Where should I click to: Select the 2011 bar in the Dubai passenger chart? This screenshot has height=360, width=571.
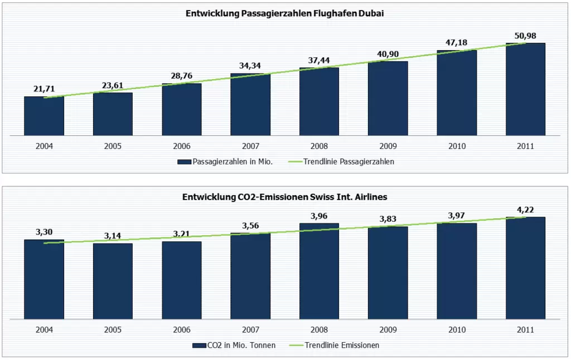click(525, 89)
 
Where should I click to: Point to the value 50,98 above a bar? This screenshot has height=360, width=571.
click(525, 36)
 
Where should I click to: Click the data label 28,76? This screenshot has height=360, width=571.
click(181, 75)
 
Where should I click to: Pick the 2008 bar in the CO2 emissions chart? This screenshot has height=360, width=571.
click(319, 271)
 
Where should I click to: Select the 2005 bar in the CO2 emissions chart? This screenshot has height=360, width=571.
click(113, 281)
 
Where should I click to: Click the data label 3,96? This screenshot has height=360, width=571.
click(319, 215)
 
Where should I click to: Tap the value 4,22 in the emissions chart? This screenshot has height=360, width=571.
click(525, 210)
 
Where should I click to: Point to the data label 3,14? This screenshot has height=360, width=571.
click(113, 235)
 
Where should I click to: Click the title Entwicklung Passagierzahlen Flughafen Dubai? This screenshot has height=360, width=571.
click(285, 14)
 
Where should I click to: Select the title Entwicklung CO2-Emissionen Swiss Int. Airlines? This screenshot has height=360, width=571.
click(285, 197)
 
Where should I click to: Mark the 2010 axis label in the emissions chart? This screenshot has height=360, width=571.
click(457, 329)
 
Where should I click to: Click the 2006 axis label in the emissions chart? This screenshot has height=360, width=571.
click(181, 329)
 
